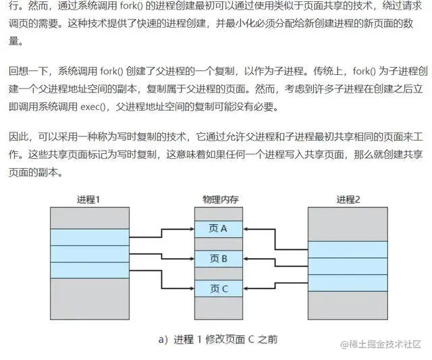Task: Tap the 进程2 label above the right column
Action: click(348, 199)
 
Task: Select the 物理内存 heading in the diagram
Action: click(219, 199)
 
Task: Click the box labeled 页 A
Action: click(219, 228)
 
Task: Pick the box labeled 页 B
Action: click(219, 258)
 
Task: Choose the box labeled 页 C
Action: click(219, 288)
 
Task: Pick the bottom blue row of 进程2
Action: click(348, 283)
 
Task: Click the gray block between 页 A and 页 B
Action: click(219, 243)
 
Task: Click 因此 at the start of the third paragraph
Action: click(18, 138)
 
